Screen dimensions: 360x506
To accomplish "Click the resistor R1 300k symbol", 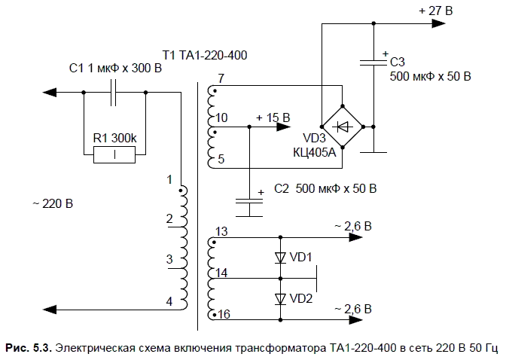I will click(x=114, y=155).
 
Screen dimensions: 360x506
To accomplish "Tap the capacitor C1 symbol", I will click(x=113, y=93).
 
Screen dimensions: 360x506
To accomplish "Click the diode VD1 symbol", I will click(x=280, y=258).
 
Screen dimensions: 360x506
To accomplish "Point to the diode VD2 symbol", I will click(x=280, y=298).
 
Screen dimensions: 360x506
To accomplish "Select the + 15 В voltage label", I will click(x=273, y=117).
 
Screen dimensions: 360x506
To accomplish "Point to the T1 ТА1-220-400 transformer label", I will click(x=205, y=55).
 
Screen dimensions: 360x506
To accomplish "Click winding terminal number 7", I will click(x=220, y=78).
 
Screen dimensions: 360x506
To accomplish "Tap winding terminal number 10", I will click(x=221, y=118).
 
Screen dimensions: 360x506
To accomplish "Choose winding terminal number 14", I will click(x=221, y=271).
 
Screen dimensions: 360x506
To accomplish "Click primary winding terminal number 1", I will click(x=170, y=179).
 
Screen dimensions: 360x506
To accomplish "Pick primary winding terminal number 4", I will click(x=169, y=301).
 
